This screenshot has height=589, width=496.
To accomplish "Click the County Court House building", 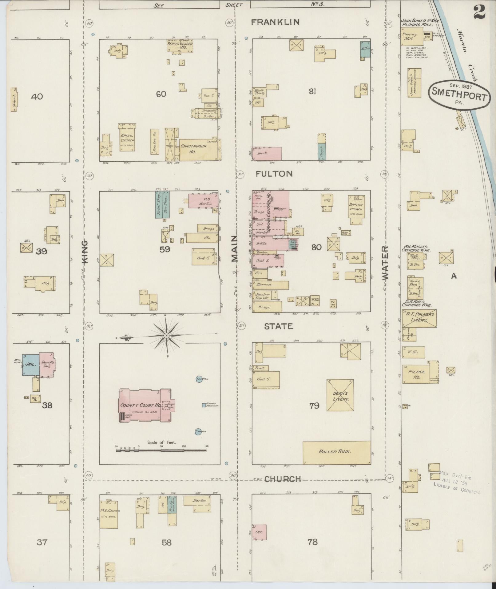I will point(145,405).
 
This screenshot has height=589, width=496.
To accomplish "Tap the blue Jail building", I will point(30,364).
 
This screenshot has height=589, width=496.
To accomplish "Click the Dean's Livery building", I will point(340,395).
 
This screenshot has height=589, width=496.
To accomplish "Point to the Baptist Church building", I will point(356,207).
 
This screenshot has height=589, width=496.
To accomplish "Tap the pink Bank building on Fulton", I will point(266,153).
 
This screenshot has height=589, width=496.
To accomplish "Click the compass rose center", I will point(166,335).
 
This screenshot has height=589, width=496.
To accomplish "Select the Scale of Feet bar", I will point(161,450).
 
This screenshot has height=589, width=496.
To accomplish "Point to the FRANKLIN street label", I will point(275,22).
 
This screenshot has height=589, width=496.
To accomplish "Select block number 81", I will point(312,91).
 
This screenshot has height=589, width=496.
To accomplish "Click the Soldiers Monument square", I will point(204,405).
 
